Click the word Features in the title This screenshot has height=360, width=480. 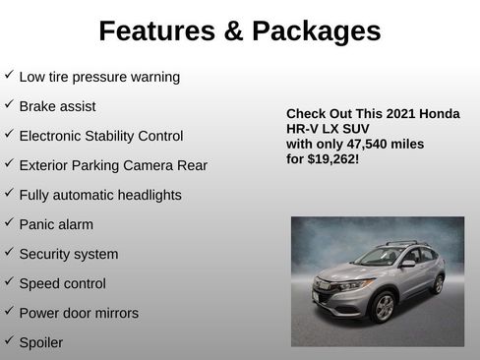point(155,31)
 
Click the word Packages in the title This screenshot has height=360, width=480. point(316,31)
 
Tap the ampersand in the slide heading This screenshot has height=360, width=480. point(233,31)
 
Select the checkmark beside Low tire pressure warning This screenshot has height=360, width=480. point(9,75)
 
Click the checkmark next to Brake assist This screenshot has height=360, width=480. point(9,104)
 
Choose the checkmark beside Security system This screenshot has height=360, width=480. point(9,252)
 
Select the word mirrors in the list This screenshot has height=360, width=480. point(114,313)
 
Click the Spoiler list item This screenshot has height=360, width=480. point(40,342)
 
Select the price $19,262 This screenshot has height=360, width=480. point(331,157)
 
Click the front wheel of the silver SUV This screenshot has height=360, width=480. point(384,308)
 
